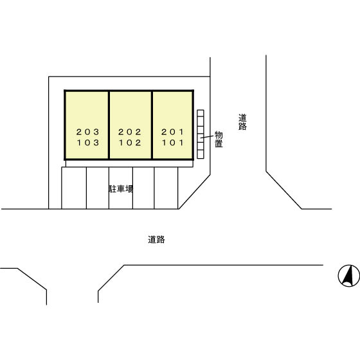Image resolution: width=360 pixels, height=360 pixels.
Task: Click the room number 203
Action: (87, 132)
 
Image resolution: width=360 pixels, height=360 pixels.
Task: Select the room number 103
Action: (88, 143)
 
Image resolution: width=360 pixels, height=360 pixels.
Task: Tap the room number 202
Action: (130, 132)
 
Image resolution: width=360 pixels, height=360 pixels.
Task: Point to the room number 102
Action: (130, 143)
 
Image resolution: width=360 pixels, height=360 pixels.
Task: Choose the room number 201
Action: (172, 132)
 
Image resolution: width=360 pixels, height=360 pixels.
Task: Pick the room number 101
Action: (173, 143)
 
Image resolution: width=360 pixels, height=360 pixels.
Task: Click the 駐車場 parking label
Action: (121, 189)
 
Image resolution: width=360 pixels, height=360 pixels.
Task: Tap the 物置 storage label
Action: (219, 139)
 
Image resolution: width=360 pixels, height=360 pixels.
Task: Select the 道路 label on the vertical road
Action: (242, 122)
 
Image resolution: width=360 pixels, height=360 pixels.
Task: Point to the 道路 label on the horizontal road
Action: (156, 240)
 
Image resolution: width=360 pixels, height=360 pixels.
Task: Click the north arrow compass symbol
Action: (348, 276)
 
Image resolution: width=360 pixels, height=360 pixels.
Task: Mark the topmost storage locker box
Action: (201, 113)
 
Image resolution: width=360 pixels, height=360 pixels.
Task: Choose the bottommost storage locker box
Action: (201, 154)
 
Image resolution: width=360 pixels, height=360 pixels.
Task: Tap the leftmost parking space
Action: (74, 188)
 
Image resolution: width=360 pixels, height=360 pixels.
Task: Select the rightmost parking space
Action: (166, 188)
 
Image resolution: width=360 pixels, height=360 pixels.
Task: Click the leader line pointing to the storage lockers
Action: (207, 137)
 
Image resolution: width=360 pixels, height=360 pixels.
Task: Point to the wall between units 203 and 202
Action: (109, 125)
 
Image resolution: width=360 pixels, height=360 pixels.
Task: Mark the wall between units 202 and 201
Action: (152, 125)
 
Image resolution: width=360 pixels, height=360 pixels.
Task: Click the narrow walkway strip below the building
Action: (129, 163)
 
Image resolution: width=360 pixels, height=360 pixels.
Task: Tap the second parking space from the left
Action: (98, 188)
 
